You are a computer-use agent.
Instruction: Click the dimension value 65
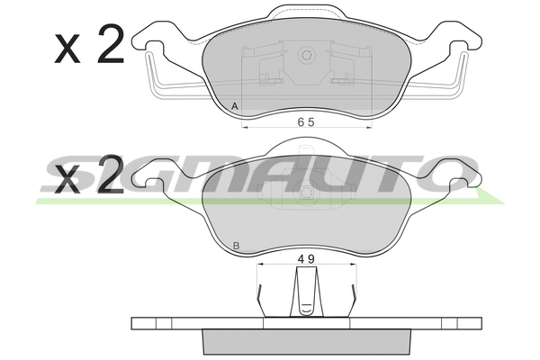306,122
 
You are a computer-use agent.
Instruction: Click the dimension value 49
306,258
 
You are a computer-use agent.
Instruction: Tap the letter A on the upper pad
235,106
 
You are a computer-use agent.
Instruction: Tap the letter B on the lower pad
236,246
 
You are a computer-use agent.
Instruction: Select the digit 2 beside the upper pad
110,44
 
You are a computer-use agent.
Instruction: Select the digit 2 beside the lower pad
110,174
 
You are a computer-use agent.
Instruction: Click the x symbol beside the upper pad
67,49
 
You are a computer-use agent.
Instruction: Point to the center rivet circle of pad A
306,55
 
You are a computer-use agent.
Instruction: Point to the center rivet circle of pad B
306,193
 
